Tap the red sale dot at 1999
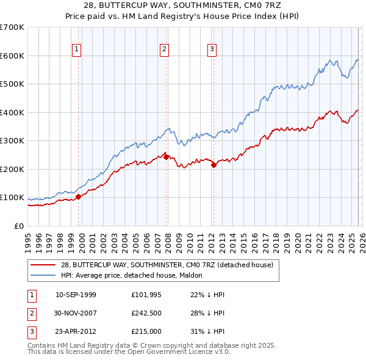click(x=78, y=196)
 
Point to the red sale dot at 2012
click(x=213, y=165)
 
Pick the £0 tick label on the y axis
click(x=18, y=226)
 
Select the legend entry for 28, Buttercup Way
click(x=170, y=265)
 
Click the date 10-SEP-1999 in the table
click(x=76, y=295)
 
